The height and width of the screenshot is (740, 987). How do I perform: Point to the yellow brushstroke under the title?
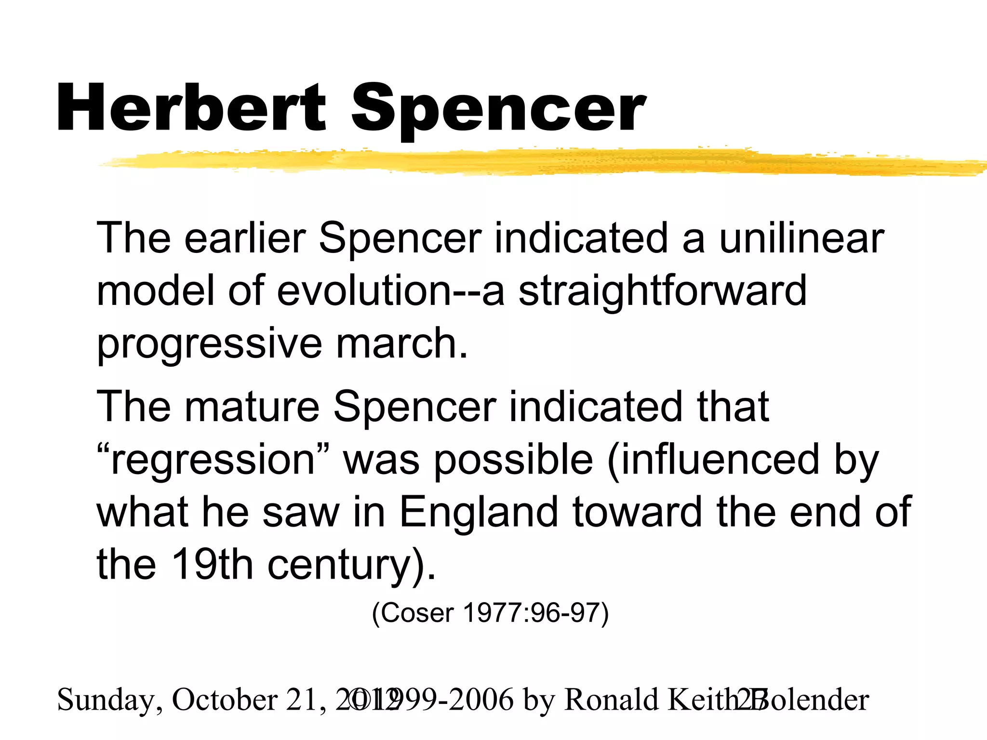(530, 162)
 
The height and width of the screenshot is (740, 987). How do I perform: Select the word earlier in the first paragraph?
(245, 238)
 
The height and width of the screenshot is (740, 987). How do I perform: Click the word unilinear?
(801, 238)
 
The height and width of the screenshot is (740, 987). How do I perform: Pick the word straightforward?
(662, 291)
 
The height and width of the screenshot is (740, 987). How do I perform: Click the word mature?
(252, 407)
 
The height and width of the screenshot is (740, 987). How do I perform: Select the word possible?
(513, 460)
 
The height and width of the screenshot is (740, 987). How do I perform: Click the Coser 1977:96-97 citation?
(490, 614)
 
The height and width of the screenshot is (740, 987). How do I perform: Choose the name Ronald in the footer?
(611, 699)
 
